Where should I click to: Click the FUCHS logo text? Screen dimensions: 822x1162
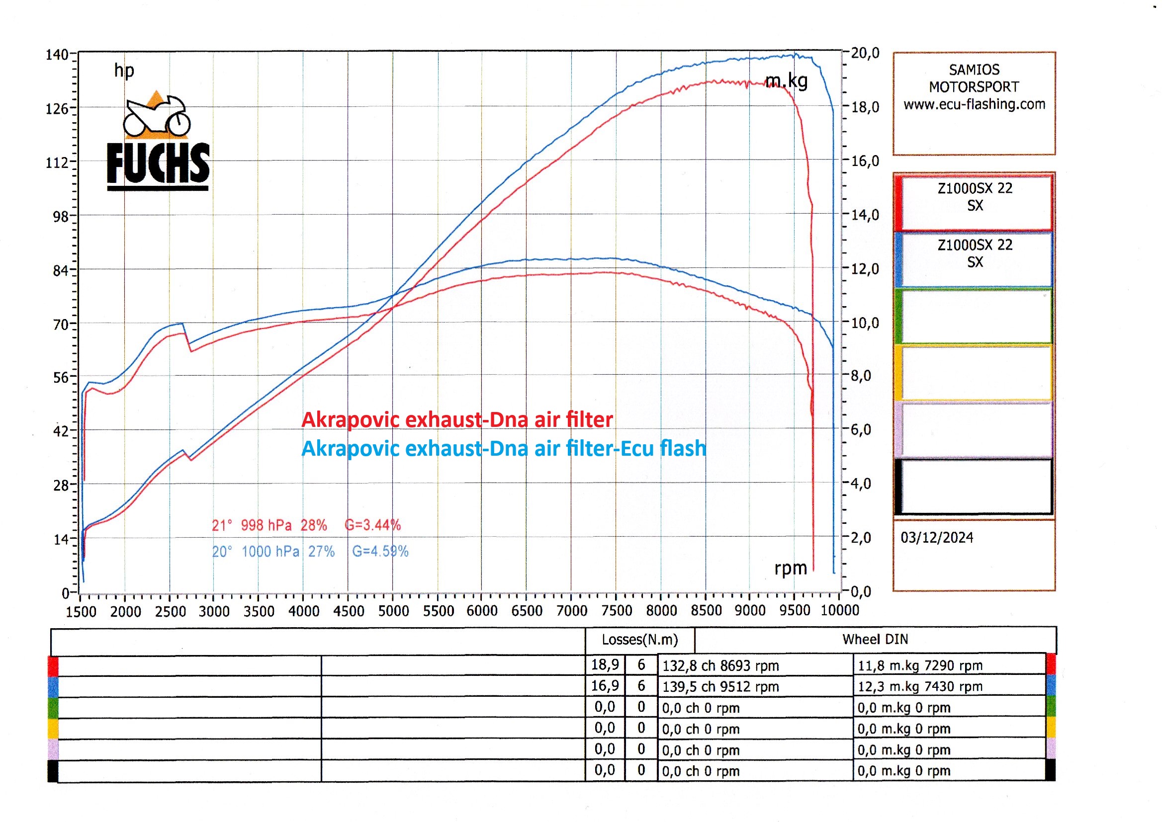pyautogui.click(x=158, y=163)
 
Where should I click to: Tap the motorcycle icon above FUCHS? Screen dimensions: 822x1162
pyautogui.click(x=157, y=116)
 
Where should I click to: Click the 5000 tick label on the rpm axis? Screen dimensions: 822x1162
pyautogui.click(x=393, y=611)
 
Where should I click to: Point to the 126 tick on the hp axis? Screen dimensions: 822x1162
pyautogui.click(x=57, y=109)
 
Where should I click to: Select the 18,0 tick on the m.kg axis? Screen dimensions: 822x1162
pyautogui.click(x=865, y=107)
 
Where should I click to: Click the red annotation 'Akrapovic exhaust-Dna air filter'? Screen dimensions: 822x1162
pyautogui.click(x=457, y=419)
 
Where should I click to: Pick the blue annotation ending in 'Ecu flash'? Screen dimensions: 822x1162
pyautogui.click(x=503, y=448)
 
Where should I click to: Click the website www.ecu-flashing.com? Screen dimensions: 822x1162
pyautogui.click(x=974, y=104)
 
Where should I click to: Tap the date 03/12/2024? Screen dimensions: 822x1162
pyautogui.click(x=937, y=538)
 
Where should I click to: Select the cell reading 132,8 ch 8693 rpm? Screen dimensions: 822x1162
pyautogui.click(x=720, y=665)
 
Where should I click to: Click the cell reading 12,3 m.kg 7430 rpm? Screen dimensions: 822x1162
pyautogui.click(x=919, y=686)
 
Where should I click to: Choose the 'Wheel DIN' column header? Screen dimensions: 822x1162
pyautogui.click(x=875, y=639)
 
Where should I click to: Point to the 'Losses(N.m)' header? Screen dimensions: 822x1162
pyautogui.click(x=639, y=640)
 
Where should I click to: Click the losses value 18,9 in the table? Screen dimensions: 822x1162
pyautogui.click(x=605, y=664)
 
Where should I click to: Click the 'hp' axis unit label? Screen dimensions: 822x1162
pyautogui.click(x=124, y=71)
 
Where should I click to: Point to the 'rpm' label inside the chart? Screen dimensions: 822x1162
pyautogui.click(x=791, y=568)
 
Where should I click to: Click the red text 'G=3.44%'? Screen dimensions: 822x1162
pyautogui.click(x=372, y=525)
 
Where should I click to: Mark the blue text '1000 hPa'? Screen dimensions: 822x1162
pyautogui.click(x=270, y=551)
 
